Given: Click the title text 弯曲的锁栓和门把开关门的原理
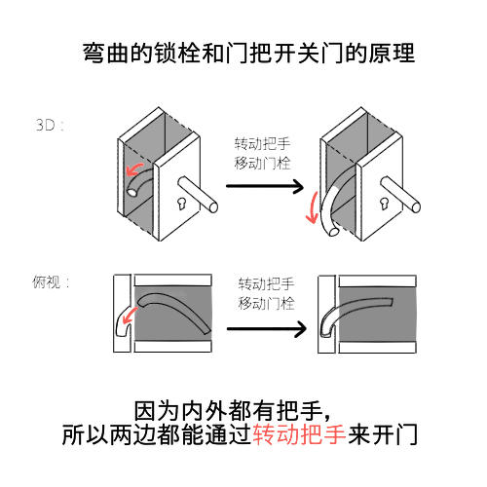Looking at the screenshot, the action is pos(248,53).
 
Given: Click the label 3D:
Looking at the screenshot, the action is pos(50,125).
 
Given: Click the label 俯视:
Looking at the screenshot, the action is pos(51,281).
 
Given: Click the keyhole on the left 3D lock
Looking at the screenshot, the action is pos(182,204).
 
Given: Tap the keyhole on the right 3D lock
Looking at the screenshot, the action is pos(385,204).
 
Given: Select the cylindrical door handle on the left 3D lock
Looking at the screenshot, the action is pos(198,194).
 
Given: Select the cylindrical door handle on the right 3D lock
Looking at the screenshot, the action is pos(400,194).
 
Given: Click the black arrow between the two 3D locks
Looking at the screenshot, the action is pos(265,186).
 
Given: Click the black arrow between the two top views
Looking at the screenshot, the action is pos(267,329).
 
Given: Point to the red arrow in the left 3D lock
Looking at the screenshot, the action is pos(133,169).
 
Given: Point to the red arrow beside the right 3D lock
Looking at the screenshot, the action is pos(313,207).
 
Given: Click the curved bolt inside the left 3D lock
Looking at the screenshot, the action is pos(139,182).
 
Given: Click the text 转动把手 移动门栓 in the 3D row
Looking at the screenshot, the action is pos(262,153).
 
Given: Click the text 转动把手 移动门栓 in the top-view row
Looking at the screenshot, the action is pos(266,294).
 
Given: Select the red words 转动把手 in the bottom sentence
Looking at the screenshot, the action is pos(299,434).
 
